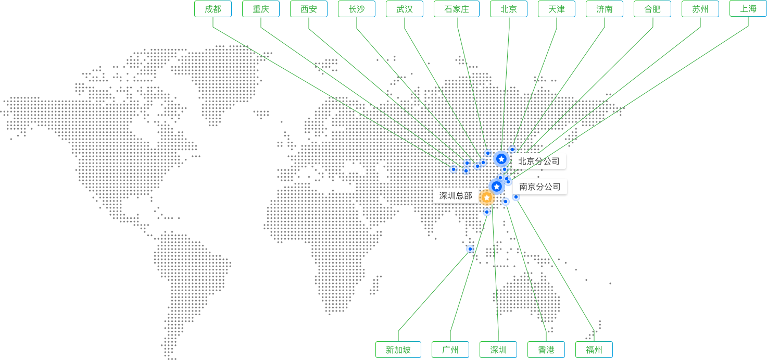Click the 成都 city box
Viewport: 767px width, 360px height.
(x=213, y=9)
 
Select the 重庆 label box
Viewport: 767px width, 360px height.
(x=261, y=9)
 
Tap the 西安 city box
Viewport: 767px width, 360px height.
(x=309, y=9)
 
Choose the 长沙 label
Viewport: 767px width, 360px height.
(x=357, y=9)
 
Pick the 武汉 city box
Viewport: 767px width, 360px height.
(x=405, y=9)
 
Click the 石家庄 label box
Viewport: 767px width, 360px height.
(x=457, y=9)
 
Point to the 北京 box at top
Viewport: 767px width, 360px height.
(x=509, y=9)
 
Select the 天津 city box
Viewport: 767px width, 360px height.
(x=557, y=9)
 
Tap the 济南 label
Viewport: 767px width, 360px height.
(x=605, y=9)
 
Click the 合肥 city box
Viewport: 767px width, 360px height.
(x=652, y=9)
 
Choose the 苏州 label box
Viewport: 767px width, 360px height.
(x=700, y=9)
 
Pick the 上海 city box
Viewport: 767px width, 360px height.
(x=748, y=8)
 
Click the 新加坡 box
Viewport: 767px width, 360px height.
(x=398, y=350)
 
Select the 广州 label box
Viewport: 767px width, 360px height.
(x=450, y=350)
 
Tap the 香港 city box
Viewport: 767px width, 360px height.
(x=546, y=350)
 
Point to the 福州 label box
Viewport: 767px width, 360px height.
(x=594, y=350)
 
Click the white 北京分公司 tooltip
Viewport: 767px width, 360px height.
(x=539, y=161)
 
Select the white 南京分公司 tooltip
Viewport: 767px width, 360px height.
(x=540, y=187)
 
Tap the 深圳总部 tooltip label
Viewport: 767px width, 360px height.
(x=456, y=195)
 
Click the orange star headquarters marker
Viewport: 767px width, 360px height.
(x=487, y=197)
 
